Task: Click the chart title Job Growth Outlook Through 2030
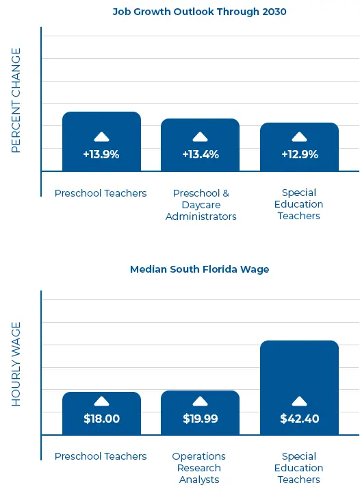click(199, 11)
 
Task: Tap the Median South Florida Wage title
click(199, 269)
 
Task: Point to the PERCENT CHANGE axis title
click(16, 100)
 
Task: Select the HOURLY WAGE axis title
click(16, 364)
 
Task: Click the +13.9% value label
click(101, 155)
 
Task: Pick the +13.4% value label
click(201, 155)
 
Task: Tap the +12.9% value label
click(299, 155)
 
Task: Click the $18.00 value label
click(101, 419)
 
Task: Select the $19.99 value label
click(201, 419)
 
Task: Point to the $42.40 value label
click(299, 419)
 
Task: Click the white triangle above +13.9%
click(101, 137)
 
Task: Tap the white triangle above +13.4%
click(201, 137)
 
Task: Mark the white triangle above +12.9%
click(299, 137)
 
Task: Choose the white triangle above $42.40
click(299, 401)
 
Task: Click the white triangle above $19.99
click(201, 401)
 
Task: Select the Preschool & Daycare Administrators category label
click(201, 205)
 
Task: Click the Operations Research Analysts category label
click(199, 468)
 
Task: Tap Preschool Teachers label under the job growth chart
click(101, 193)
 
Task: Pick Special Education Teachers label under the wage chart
click(298, 468)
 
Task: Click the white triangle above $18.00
click(101, 401)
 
